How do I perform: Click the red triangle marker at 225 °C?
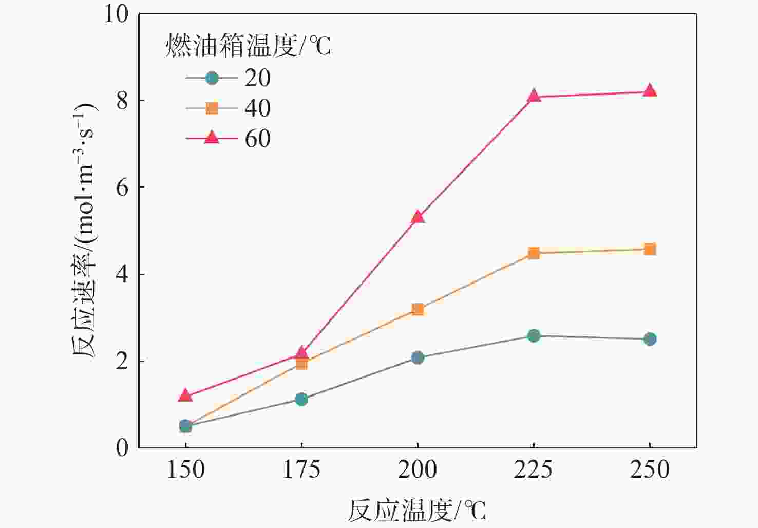pyautogui.click(x=534, y=96)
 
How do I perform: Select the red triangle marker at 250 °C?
pyautogui.click(x=650, y=91)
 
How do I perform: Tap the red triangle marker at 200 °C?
pyautogui.click(x=418, y=217)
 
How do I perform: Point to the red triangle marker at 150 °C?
pyautogui.click(x=185, y=395)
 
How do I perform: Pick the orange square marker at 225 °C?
pyautogui.click(x=534, y=253)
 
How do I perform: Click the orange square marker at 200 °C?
pyautogui.click(x=418, y=309)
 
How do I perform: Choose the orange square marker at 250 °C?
pyautogui.click(x=650, y=250)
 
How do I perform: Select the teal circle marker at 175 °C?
pyautogui.click(x=301, y=399)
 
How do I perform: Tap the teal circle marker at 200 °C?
pyautogui.click(x=418, y=357)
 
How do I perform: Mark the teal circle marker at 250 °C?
pyautogui.click(x=650, y=339)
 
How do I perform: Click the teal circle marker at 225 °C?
pyautogui.click(x=534, y=336)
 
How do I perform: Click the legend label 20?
pyautogui.click(x=257, y=78)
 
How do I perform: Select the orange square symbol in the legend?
pyautogui.click(x=212, y=108)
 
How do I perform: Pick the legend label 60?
pyautogui.click(x=257, y=139)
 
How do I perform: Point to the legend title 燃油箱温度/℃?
pyautogui.click(x=248, y=46)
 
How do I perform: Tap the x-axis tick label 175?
pyautogui.click(x=301, y=469)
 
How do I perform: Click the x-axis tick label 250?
pyautogui.click(x=650, y=469)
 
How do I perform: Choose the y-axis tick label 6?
pyautogui.click(x=122, y=187)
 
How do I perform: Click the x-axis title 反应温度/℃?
pyautogui.click(x=416, y=510)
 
